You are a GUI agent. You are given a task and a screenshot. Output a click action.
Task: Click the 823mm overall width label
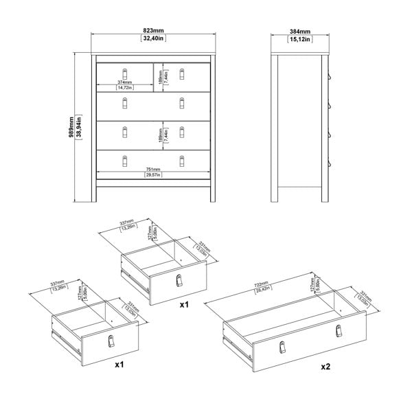(x=153, y=31)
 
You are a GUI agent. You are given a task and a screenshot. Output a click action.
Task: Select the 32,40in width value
(x=153, y=39)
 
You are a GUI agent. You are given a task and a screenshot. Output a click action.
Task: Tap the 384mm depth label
(x=300, y=31)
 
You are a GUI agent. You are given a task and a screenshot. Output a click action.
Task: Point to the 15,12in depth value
(x=300, y=39)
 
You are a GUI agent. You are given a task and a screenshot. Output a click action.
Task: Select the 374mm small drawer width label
(x=124, y=82)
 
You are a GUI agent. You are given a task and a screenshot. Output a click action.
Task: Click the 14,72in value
(x=124, y=88)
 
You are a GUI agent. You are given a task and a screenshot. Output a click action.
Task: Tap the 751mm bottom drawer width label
(x=152, y=169)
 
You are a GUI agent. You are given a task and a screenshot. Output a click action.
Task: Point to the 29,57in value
(x=152, y=175)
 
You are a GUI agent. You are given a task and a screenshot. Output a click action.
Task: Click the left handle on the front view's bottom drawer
(x=125, y=160)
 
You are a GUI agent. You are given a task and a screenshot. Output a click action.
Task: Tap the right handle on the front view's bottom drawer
(x=183, y=160)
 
